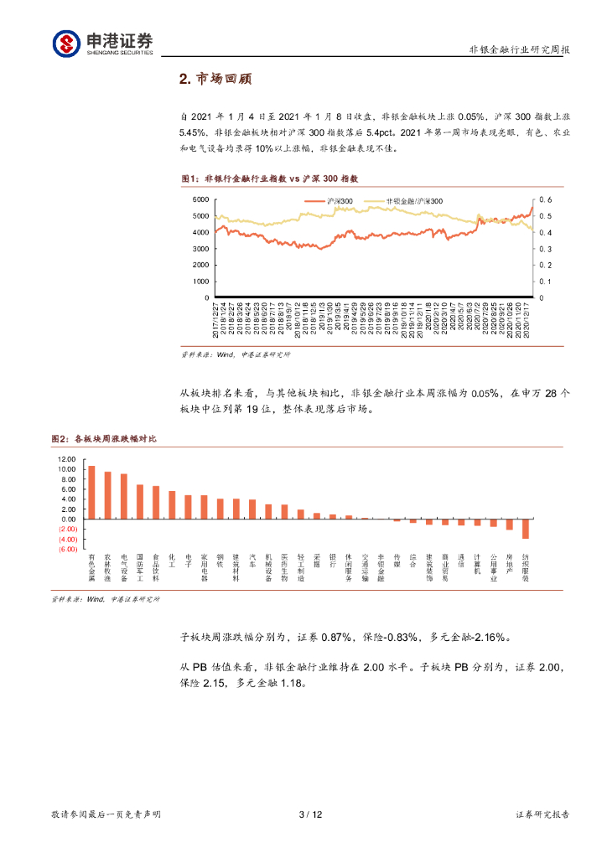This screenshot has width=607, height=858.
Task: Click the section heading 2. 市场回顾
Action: (216, 80)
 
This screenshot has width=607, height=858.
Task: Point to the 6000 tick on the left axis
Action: (200, 199)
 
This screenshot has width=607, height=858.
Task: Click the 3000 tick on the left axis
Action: (200, 249)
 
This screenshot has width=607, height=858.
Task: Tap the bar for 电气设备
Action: (124, 497)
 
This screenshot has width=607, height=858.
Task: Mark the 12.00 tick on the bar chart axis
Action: (66, 460)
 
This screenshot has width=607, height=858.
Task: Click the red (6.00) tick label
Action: (67, 539)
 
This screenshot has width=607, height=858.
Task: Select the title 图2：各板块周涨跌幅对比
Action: (104, 439)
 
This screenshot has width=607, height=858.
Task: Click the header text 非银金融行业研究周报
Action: (519, 49)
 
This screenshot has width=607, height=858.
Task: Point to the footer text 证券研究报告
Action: (542, 814)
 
